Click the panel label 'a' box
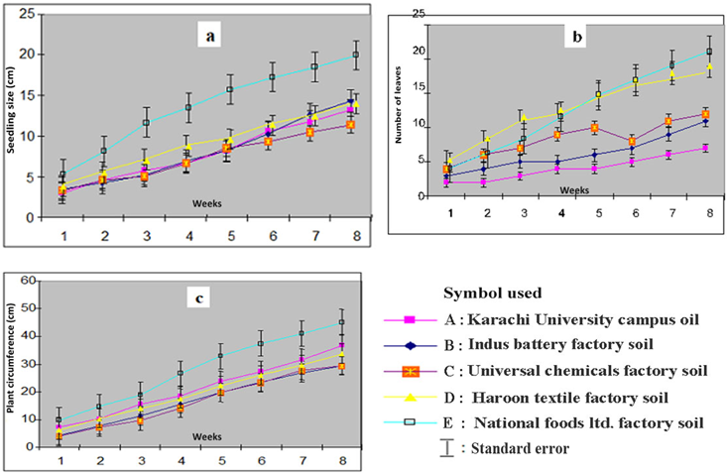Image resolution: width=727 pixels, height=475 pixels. coord(209,38)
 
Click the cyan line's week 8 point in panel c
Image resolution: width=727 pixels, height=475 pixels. coord(342,323)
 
